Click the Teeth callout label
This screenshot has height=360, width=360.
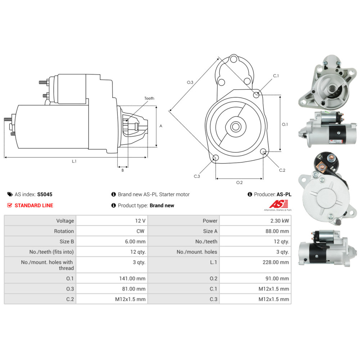coord(149,98)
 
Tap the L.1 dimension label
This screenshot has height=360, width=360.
coord(74,162)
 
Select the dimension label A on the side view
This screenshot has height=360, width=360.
coord(161,126)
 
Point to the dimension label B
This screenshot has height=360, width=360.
coord(122,170)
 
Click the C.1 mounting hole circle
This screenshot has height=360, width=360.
coord(256,95)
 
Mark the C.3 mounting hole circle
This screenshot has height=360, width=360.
coord(216,158)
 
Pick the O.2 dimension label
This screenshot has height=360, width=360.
coord(239,183)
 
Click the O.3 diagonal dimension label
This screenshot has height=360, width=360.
coord(190,82)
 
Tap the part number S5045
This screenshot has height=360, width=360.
coord(45,194)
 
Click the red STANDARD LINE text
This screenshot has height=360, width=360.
coord(33,206)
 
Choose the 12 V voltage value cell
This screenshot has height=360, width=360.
coord(112,221)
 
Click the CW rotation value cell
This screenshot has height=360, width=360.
coord(112,231)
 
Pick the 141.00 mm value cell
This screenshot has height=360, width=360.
coord(112,278)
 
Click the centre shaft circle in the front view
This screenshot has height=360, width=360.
coord(236,126)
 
